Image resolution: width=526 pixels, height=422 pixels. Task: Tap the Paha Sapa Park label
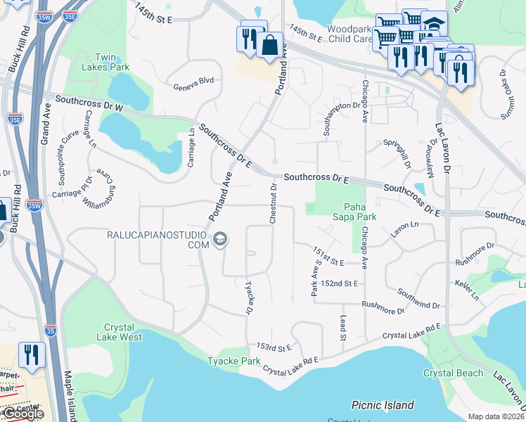coord(359,212)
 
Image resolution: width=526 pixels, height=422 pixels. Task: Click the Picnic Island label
coord(383,405)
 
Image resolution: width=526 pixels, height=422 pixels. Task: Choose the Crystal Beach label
coord(453,373)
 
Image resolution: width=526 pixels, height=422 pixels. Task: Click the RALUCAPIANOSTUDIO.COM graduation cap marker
coord(220,240)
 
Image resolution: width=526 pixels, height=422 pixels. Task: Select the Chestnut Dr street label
coord(273,204)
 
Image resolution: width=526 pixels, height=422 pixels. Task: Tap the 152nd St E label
coord(340,283)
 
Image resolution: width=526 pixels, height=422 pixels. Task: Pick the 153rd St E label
coord(274,347)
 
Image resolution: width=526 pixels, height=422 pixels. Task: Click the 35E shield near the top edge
coord(69,15)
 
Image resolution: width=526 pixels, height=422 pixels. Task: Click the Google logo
coord(23,414)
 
